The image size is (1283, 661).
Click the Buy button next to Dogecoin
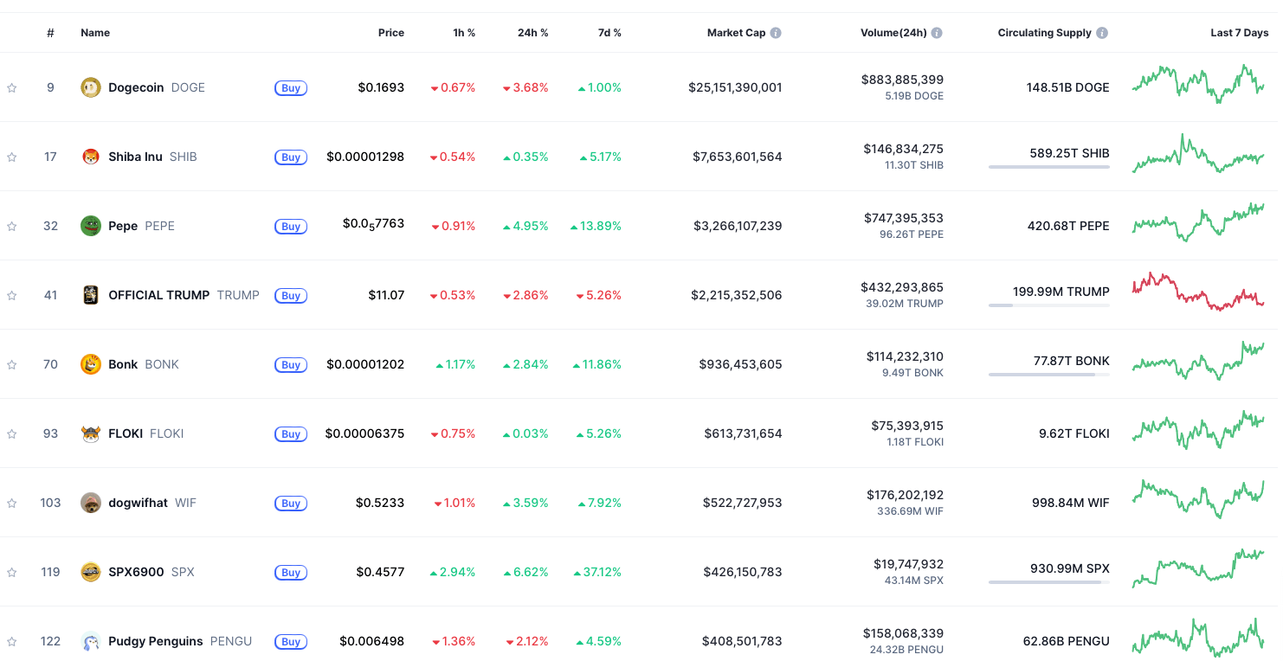[291, 87]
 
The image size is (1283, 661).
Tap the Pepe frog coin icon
[91, 226]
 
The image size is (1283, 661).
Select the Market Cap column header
[736, 33]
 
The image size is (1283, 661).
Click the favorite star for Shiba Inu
[12, 157]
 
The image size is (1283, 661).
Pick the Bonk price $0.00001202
[365, 364]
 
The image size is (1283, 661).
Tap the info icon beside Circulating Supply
[1102, 33]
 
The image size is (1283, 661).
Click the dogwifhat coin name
[138, 503]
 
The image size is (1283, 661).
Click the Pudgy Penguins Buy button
[291, 641]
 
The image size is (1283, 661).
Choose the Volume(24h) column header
[893, 33]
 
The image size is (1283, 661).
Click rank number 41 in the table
[50, 295]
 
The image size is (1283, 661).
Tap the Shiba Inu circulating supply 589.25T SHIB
[1069, 153]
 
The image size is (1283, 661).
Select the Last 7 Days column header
[1239, 33]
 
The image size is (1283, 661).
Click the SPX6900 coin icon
[91, 572]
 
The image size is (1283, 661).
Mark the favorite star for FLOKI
[12, 433]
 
